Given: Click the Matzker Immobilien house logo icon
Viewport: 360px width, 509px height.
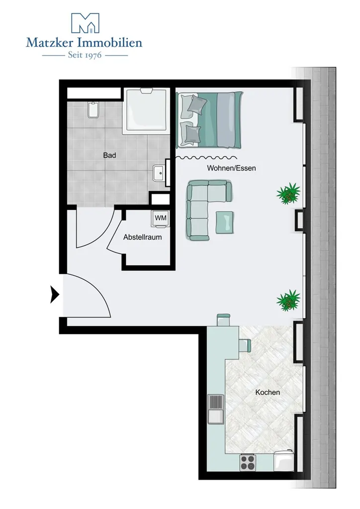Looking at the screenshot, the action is [85, 23].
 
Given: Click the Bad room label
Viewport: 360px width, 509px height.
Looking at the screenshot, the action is [109, 155].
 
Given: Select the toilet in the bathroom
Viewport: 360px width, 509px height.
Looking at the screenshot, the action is [92, 110].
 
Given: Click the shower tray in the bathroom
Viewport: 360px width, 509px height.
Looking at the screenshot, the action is [146, 111].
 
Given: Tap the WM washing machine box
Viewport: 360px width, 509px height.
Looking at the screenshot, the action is [160, 218].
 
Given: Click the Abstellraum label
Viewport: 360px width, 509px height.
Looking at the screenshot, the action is [143, 237].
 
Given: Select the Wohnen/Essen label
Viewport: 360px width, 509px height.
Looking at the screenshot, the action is [231, 168].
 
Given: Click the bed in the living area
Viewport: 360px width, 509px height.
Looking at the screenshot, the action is [209, 120].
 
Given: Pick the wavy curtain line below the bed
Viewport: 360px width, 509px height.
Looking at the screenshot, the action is [206, 158].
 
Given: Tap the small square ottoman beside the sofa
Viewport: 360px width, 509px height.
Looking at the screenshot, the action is [224, 222].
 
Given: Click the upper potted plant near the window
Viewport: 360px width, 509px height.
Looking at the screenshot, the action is [288, 193].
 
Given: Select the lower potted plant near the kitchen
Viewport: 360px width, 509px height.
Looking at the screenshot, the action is [288, 300].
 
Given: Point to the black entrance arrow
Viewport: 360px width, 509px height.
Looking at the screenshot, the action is [54, 295].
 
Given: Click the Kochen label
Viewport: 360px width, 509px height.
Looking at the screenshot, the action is [268, 393].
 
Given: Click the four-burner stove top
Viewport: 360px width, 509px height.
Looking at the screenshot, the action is [248, 463].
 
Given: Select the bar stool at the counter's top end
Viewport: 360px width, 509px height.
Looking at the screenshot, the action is [223, 319].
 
